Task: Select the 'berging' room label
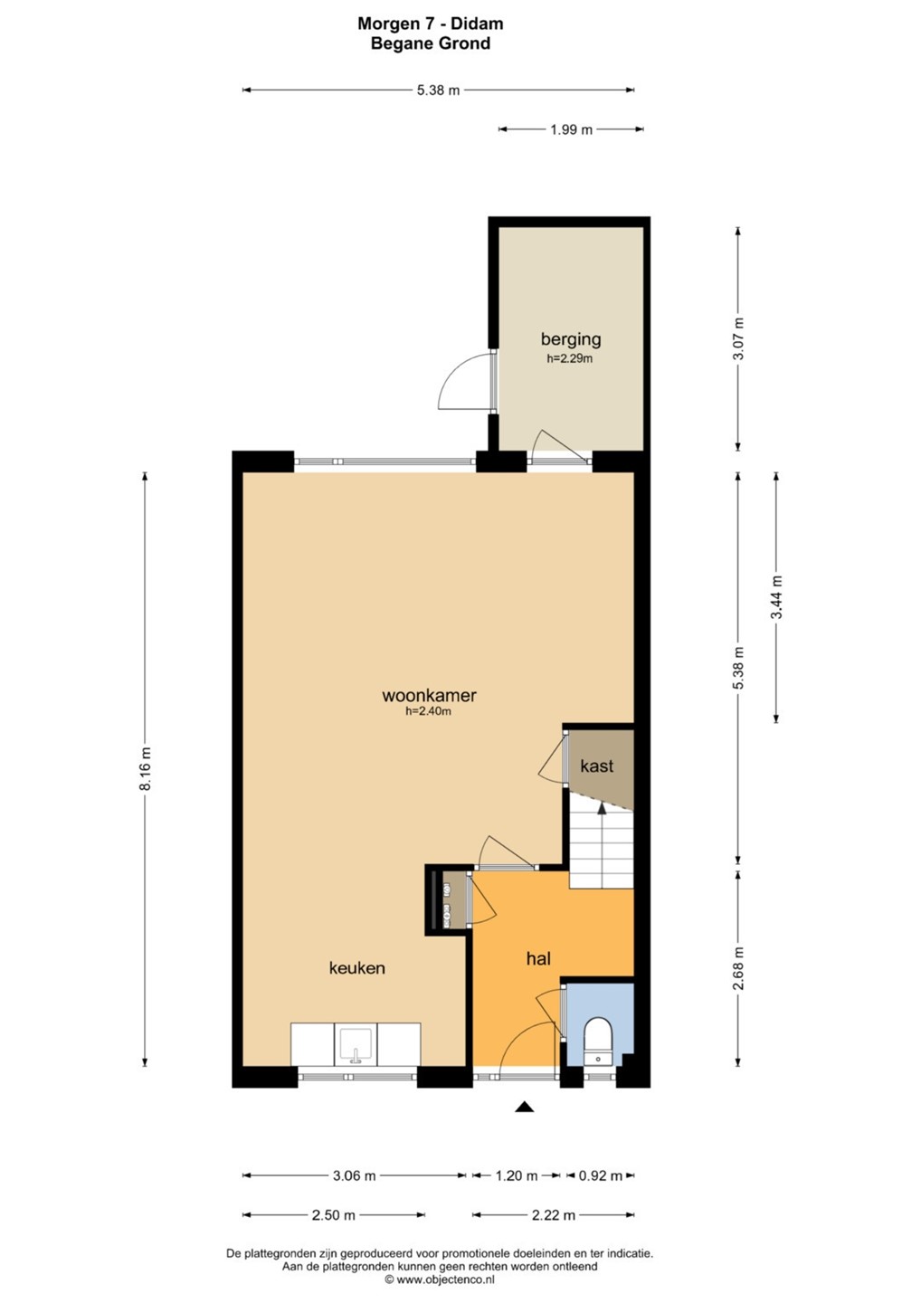[570, 339]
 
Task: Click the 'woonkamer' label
[429, 695]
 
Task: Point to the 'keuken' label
[357, 968]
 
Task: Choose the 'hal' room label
[538, 958]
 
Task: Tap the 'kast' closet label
[596, 766]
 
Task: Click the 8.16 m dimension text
[146, 768]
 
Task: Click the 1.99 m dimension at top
[571, 129]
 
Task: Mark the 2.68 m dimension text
[738, 968]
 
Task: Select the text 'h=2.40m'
[429, 711]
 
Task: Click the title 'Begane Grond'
[431, 43]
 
